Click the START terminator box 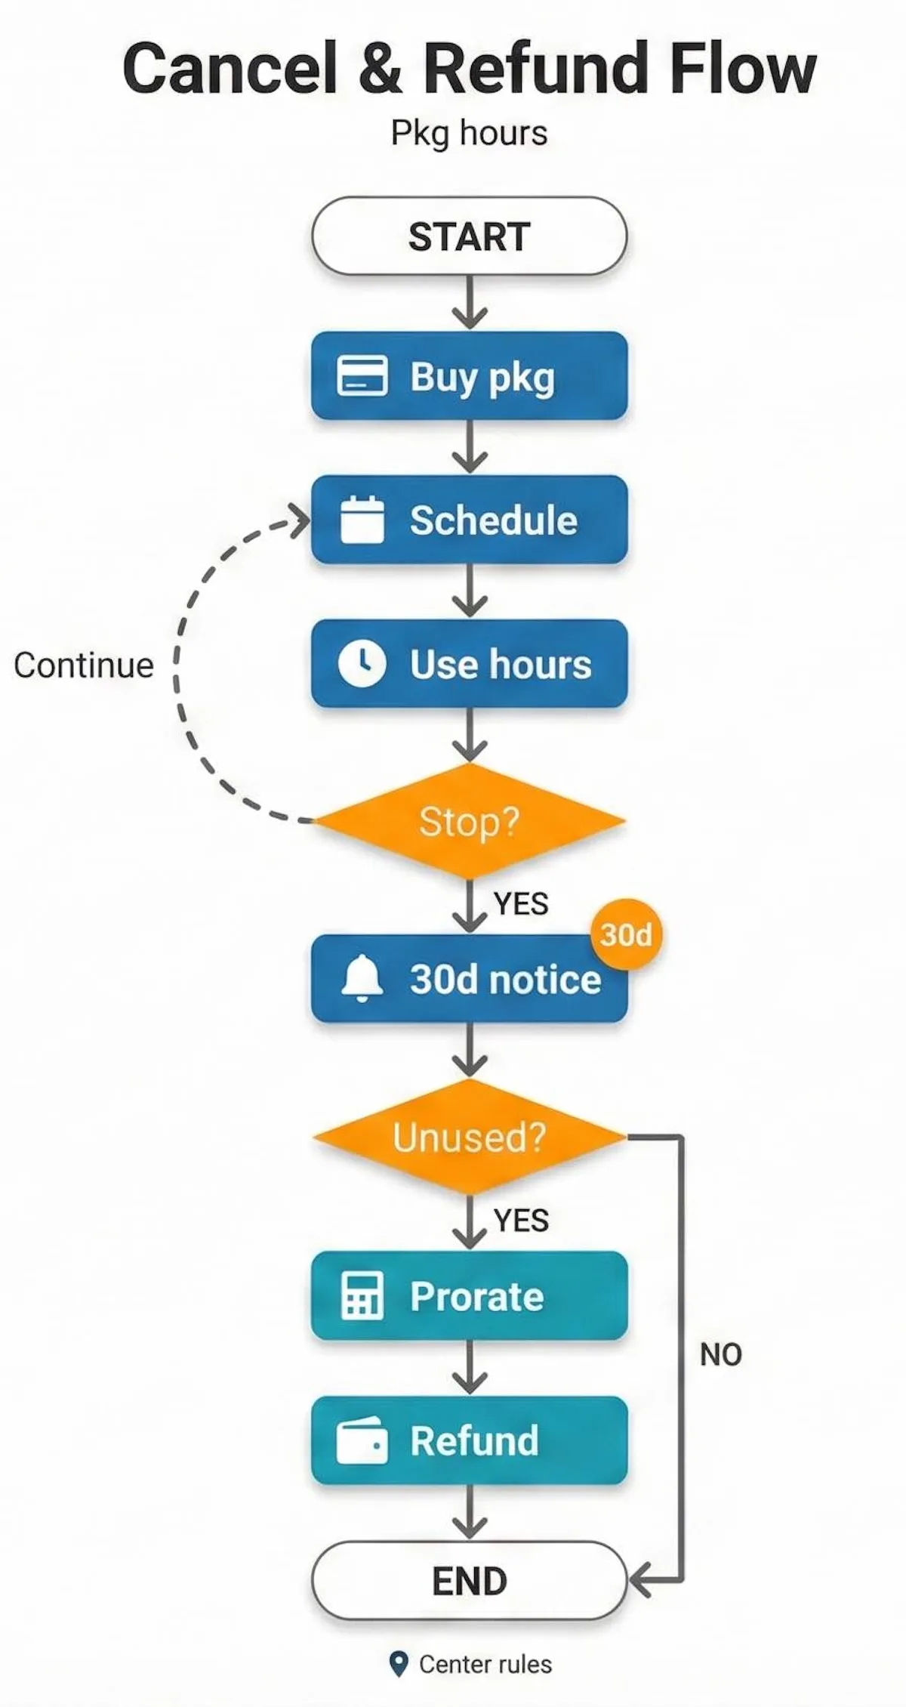pyautogui.click(x=469, y=236)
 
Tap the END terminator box pyautogui.click(x=469, y=1580)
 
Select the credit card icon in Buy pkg pyautogui.click(x=362, y=375)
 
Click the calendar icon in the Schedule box pyautogui.click(x=362, y=520)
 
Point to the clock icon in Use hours pyautogui.click(x=362, y=664)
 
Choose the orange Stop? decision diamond pyautogui.click(x=469, y=821)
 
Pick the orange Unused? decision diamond pyautogui.click(x=469, y=1137)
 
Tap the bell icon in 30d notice pyautogui.click(x=362, y=978)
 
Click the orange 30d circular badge pyautogui.click(x=626, y=935)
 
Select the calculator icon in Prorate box pyautogui.click(x=362, y=1295)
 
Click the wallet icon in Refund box pyautogui.click(x=362, y=1440)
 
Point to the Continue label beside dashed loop pyautogui.click(x=83, y=665)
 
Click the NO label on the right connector pyautogui.click(x=720, y=1354)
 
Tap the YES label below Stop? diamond pyautogui.click(x=521, y=903)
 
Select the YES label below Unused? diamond pyautogui.click(x=521, y=1220)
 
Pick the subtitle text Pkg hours pyautogui.click(x=469, y=133)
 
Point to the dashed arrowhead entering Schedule pyautogui.click(x=302, y=520)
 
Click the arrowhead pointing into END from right pyautogui.click(x=639, y=1580)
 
